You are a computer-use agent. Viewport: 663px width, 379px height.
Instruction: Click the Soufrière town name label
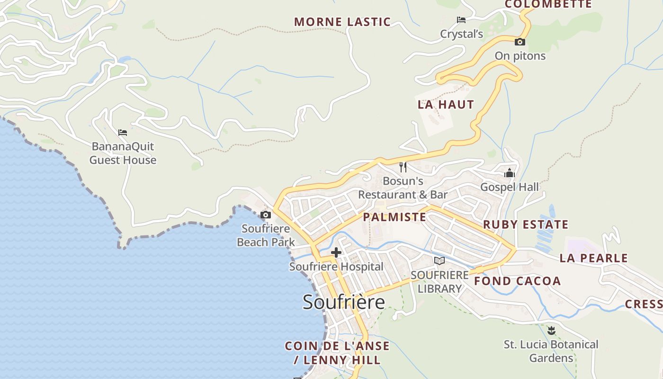coord(343,302)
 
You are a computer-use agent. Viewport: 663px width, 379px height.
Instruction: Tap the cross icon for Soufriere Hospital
coord(336,253)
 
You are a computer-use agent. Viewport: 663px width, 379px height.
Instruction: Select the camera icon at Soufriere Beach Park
coord(266,215)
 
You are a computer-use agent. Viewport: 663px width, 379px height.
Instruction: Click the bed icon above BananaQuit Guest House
coord(123,133)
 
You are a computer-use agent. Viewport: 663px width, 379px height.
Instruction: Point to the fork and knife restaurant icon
coord(403,167)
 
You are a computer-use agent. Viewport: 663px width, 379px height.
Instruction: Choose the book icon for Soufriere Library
coord(439,261)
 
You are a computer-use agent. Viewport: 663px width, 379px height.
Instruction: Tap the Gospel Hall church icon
coord(510,173)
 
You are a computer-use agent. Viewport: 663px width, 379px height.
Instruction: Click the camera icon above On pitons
coord(520,42)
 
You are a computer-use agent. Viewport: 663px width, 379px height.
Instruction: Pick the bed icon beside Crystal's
coord(461,20)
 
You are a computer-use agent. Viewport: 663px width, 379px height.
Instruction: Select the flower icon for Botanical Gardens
coord(551,330)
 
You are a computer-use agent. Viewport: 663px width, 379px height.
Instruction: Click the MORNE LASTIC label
coord(342,22)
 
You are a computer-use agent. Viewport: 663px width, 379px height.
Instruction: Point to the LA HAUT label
coord(446,105)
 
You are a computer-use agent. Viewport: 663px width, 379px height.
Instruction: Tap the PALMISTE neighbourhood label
coord(394,217)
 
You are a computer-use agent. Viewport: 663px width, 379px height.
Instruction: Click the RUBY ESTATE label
coord(526,225)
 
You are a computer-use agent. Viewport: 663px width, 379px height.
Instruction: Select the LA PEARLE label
coord(593,258)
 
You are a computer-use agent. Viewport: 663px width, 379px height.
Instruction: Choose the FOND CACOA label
coord(518,281)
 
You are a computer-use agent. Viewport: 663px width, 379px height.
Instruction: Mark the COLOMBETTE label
coord(548,5)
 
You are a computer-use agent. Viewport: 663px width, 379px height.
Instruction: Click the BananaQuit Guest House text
coord(123,153)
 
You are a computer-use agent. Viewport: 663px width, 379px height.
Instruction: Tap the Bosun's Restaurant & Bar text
coord(403,188)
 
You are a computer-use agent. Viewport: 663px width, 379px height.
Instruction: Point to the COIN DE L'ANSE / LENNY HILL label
coord(337,353)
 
